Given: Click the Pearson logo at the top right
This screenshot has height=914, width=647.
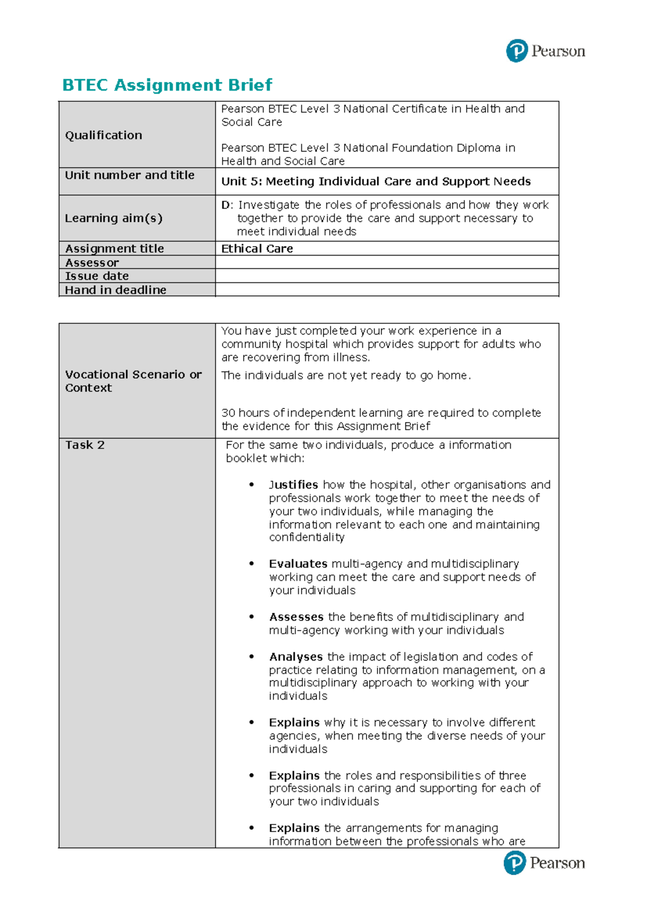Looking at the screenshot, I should click(545, 51).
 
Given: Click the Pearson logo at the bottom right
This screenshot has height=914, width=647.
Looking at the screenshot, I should click(544, 863).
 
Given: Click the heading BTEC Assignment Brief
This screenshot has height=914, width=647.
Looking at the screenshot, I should click(167, 85).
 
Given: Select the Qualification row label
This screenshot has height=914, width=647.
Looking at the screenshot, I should click(104, 135).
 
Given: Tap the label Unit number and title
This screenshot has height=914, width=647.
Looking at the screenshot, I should click(129, 175).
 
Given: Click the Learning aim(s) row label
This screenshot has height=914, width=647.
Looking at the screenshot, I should click(113, 218).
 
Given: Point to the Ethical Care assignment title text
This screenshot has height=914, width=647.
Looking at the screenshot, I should click(257, 248).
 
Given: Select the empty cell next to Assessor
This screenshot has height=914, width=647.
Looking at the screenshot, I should click(387, 262).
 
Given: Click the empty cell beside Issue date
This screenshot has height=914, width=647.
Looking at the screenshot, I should click(387, 276).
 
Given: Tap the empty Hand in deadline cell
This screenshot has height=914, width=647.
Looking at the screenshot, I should click(387, 290).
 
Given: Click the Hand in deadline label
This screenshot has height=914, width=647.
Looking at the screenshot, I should click(115, 290).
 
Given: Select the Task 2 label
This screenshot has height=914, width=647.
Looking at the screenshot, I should click(85, 445).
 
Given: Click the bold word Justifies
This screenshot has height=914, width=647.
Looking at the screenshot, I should click(293, 485).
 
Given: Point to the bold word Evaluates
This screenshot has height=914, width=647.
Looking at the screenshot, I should click(298, 564).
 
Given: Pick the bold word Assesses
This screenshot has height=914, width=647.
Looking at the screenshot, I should click(296, 617).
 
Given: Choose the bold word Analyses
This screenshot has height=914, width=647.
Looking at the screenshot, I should click(295, 657).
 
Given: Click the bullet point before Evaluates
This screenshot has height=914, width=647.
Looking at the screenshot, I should click(251, 564).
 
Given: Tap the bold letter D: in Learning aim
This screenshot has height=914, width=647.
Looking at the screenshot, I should click(226, 205).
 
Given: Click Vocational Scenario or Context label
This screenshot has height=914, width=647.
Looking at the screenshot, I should click(133, 381).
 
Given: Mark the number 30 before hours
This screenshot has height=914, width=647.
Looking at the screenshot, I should click(228, 413).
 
